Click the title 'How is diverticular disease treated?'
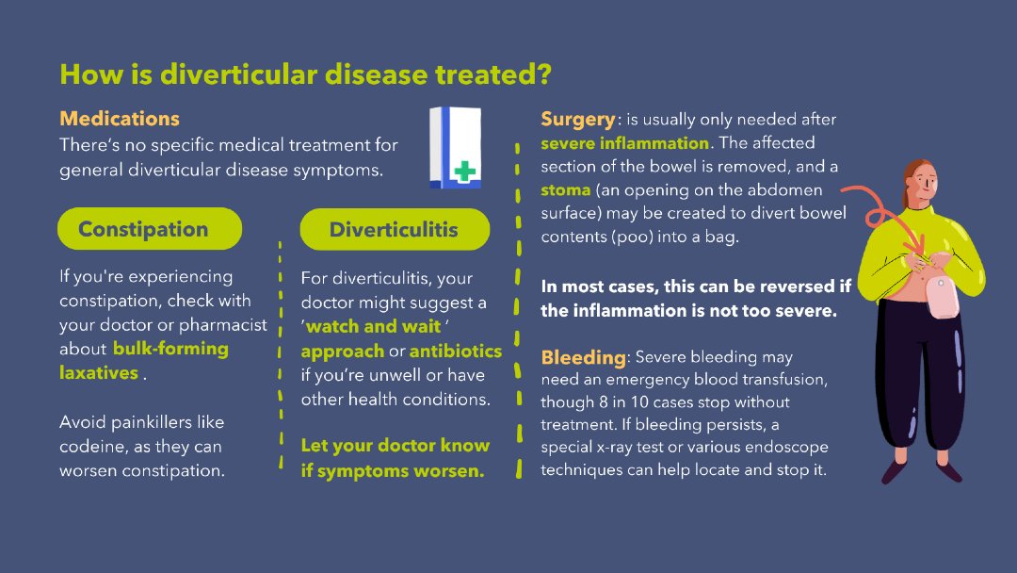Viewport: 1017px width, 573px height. pyautogui.click(x=305, y=74)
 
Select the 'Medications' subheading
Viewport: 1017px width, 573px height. pyautogui.click(x=119, y=119)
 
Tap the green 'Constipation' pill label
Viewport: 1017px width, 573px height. pyautogui.click(x=143, y=229)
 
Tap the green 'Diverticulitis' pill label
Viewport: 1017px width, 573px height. pyautogui.click(x=394, y=230)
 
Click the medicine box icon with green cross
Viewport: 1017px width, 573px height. pyautogui.click(x=455, y=147)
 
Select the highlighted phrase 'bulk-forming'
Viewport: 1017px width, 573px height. pyautogui.click(x=170, y=349)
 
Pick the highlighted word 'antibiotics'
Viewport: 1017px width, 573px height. pyautogui.click(x=456, y=351)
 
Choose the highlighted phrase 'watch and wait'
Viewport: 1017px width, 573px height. pyautogui.click(x=374, y=327)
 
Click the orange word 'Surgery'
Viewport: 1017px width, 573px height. pyautogui.click(x=577, y=120)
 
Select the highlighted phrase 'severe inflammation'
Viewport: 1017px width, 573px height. pyautogui.click(x=624, y=143)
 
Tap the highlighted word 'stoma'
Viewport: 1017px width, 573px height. pyautogui.click(x=565, y=190)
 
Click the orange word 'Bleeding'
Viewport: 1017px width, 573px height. pyautogui.click(x=583, y=357)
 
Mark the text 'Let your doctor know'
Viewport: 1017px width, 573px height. pyautogui.click(x=395, y=446)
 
